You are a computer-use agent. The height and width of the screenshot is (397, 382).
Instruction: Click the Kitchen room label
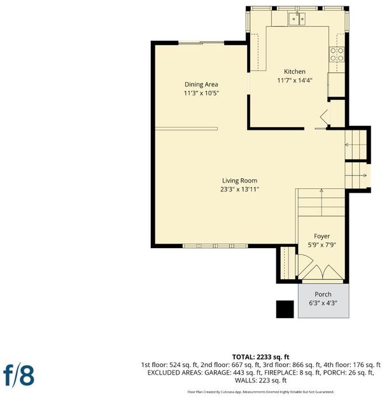click(x=295, y=72)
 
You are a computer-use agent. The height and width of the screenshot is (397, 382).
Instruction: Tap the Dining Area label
click(x=201, y=85)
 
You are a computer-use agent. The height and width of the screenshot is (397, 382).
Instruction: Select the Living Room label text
click(x=239, y=181)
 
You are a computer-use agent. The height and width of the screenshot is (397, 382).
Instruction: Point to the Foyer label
click(x=322, y=236)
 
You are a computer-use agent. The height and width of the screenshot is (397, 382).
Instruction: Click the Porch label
click(x=323, y=294)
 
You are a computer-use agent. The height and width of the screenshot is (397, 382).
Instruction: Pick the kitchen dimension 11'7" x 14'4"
click(x=295, y=81)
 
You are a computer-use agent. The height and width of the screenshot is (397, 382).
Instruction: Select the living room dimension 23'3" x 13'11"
click(x=239, y=190)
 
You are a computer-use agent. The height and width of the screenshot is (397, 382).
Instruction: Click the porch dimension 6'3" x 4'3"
click(x=323, y=303)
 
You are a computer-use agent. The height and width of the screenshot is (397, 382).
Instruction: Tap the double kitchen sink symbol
click(x=297, y=18)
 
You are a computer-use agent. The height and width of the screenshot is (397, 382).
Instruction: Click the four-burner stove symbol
click(x=337, y=55)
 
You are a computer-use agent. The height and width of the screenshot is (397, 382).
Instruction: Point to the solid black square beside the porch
click(x=285, y=309)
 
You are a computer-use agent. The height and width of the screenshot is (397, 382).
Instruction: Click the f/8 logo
click(x=18, y=375)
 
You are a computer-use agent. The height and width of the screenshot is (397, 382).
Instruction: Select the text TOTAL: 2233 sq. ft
click(x=260, y=357)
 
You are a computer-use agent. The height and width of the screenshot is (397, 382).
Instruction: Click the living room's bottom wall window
click(x=215, y=246)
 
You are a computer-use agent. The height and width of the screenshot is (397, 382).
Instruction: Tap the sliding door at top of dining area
click(x=201, y=43)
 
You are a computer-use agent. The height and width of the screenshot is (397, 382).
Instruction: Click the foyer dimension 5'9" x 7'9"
click(x=322, y=245)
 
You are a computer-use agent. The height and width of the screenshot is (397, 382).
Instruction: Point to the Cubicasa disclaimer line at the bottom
click(x=260, y=392)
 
